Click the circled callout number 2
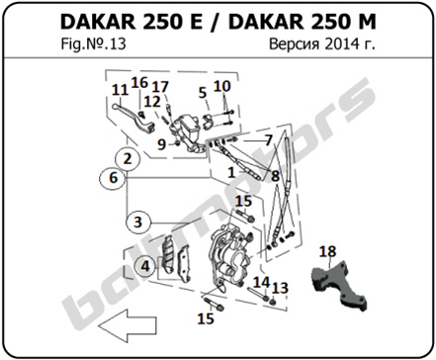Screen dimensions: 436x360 coord(128,159)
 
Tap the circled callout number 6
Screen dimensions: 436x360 coord(113,178)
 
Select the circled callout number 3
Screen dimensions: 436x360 coord(138,222)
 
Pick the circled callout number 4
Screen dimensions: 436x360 coord(145,266)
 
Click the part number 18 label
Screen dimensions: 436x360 coord(327,252)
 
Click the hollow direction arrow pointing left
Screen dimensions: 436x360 coord(128,326)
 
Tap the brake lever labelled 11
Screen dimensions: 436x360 coord(133,119)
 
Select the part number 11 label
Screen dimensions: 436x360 coord(120,90)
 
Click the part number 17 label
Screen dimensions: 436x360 coord(160,87)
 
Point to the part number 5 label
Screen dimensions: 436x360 coord(203,93)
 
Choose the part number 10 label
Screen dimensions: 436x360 coord(221,86)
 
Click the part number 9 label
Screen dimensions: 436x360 coord(161,144)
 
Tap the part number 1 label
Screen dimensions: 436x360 coord(231,172)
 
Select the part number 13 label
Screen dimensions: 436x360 coord(280,289)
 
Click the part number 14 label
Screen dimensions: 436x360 coord(261,283)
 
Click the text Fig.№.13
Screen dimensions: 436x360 coord(93,45)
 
